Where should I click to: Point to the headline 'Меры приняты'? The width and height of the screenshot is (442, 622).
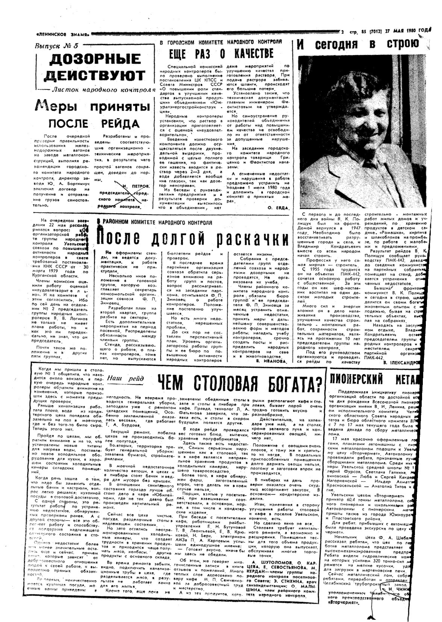tap(92, 106)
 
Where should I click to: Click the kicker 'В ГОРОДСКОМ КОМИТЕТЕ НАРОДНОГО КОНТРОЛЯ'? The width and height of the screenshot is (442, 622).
tap(221, 42)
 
